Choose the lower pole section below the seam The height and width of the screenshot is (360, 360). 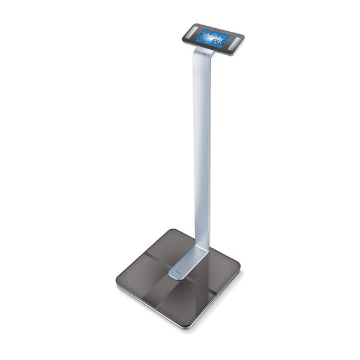pos(202,204)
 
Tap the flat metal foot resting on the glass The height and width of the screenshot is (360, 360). pos(183,268)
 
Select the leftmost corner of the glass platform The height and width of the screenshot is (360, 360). pos(119,281)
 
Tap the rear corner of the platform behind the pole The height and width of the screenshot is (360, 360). pos(174,230)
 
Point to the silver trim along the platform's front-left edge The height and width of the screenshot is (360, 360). pos(153,306)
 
